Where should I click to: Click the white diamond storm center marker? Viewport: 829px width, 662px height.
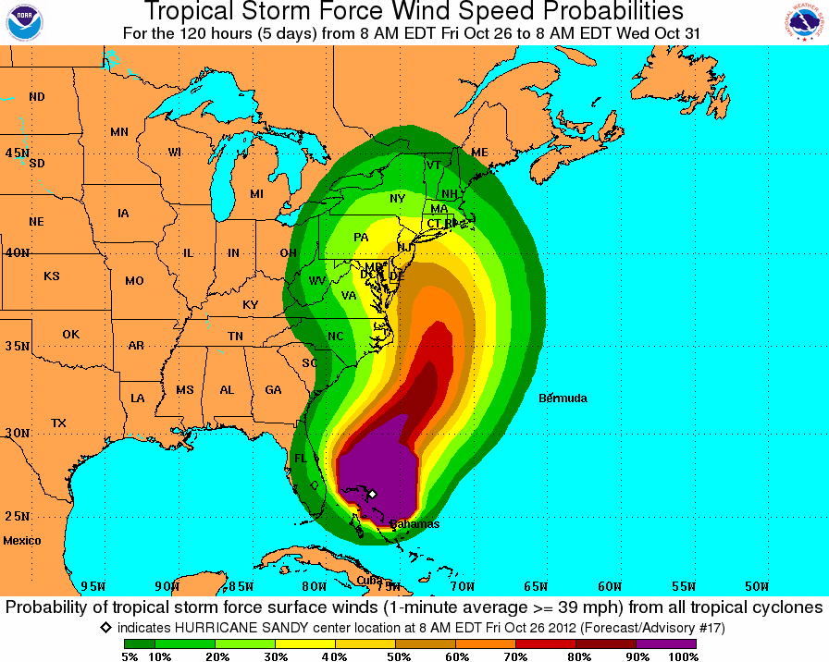click(x=371, y=494)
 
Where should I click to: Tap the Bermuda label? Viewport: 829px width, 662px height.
click(x=563, y=398)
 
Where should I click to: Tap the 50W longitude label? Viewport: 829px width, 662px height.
click(x=756, y=586)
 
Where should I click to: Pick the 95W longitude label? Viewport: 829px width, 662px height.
click(x=93, y=586)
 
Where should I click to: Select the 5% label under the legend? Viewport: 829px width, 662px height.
click(x=130, y=656)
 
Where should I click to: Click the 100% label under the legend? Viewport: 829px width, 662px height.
click(x=683, y=656)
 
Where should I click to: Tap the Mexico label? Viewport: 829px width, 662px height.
click(x=22, y=540)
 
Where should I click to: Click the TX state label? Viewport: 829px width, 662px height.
click(x=58, y=423)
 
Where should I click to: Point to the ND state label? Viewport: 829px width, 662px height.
click(x=37, y=97)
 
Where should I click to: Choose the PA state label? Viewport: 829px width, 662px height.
click(x=361, y=238)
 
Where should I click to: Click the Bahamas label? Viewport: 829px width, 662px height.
click(x=414, y=524)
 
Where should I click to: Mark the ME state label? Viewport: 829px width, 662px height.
click(x=479, y=153)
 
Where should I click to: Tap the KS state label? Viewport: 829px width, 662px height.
click(x=52, y=276)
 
